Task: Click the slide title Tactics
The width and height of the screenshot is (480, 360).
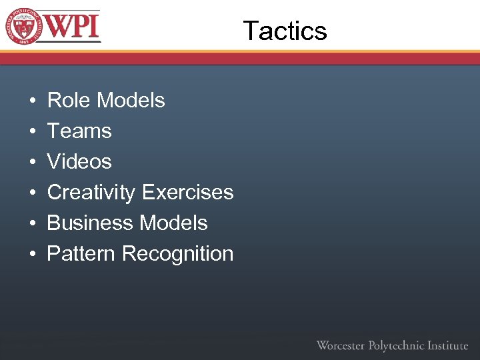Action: click(x=285, y=31)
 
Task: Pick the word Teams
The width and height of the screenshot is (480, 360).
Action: click(x=79, y=131)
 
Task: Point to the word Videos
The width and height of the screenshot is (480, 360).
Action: click(x=79, y=161)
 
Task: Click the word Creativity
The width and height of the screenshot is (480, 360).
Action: click(x=91, y=192)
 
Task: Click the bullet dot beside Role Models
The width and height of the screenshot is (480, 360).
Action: click(x=32, y=101)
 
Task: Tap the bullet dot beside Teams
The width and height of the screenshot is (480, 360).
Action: click(x=32, y=132)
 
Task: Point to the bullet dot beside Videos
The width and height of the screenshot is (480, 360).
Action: click(x=32, y=163)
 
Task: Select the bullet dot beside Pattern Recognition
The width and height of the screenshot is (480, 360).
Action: click(x=32, y=255)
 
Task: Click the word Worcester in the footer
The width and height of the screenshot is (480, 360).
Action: click(x=341, y=345)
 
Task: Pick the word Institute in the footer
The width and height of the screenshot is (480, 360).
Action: click(x=447, y=345)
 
